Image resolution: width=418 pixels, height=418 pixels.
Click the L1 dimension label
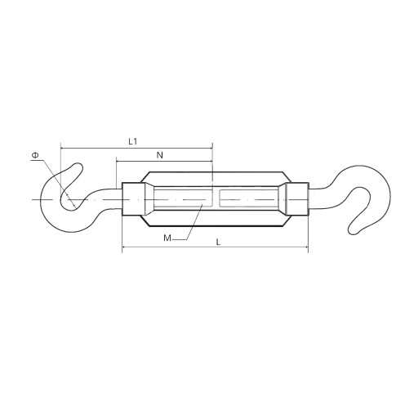(133, 141)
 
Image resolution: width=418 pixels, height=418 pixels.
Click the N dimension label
(160, 155)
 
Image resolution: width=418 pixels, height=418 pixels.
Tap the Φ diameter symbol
(35, 155)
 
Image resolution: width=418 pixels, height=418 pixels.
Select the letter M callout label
(167, 238)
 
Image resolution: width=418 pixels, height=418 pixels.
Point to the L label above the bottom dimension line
(218, 242)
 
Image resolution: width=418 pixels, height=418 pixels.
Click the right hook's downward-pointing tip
(353, 232)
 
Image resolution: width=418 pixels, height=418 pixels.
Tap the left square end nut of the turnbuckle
(133, 199)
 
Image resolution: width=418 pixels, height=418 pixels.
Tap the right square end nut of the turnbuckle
(297, 199)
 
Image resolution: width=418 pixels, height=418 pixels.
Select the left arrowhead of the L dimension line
(124, 247)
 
